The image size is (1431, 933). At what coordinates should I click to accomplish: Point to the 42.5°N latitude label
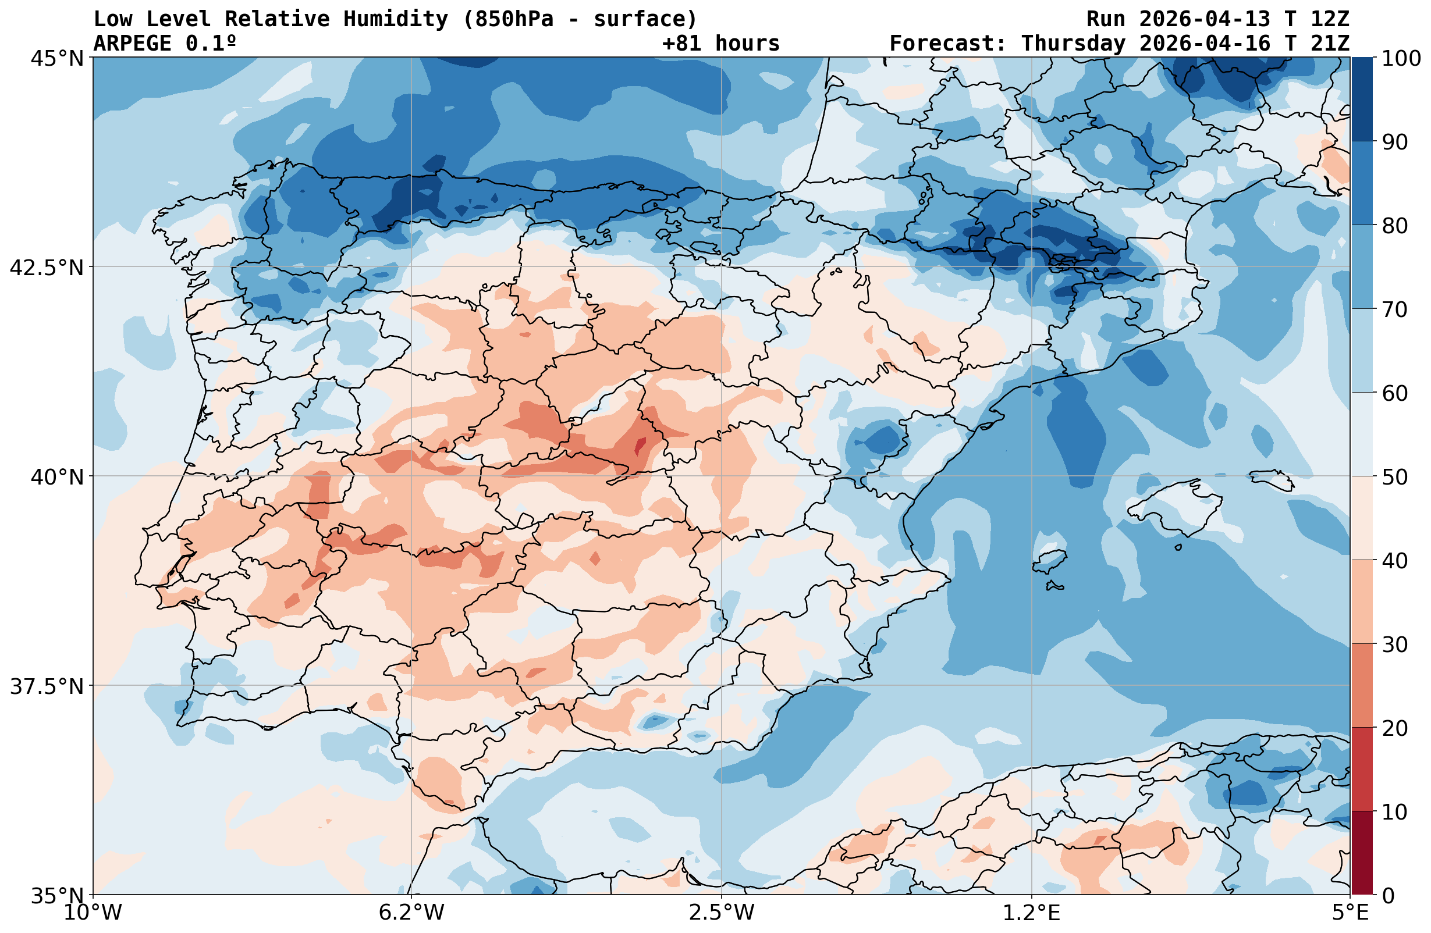[47, 268]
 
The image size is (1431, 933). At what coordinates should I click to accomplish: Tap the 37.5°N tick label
[47, 686]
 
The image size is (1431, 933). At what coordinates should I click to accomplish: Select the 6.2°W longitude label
[411, 913]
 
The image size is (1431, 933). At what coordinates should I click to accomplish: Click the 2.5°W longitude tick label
[722, 913]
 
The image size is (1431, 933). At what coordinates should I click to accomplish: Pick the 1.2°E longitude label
[1032, 913]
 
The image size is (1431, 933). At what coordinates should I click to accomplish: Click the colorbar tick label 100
[1400, 58]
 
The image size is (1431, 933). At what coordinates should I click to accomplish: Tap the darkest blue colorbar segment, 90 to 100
[1362, 99]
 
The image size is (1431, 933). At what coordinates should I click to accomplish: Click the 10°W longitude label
[93, 913]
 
